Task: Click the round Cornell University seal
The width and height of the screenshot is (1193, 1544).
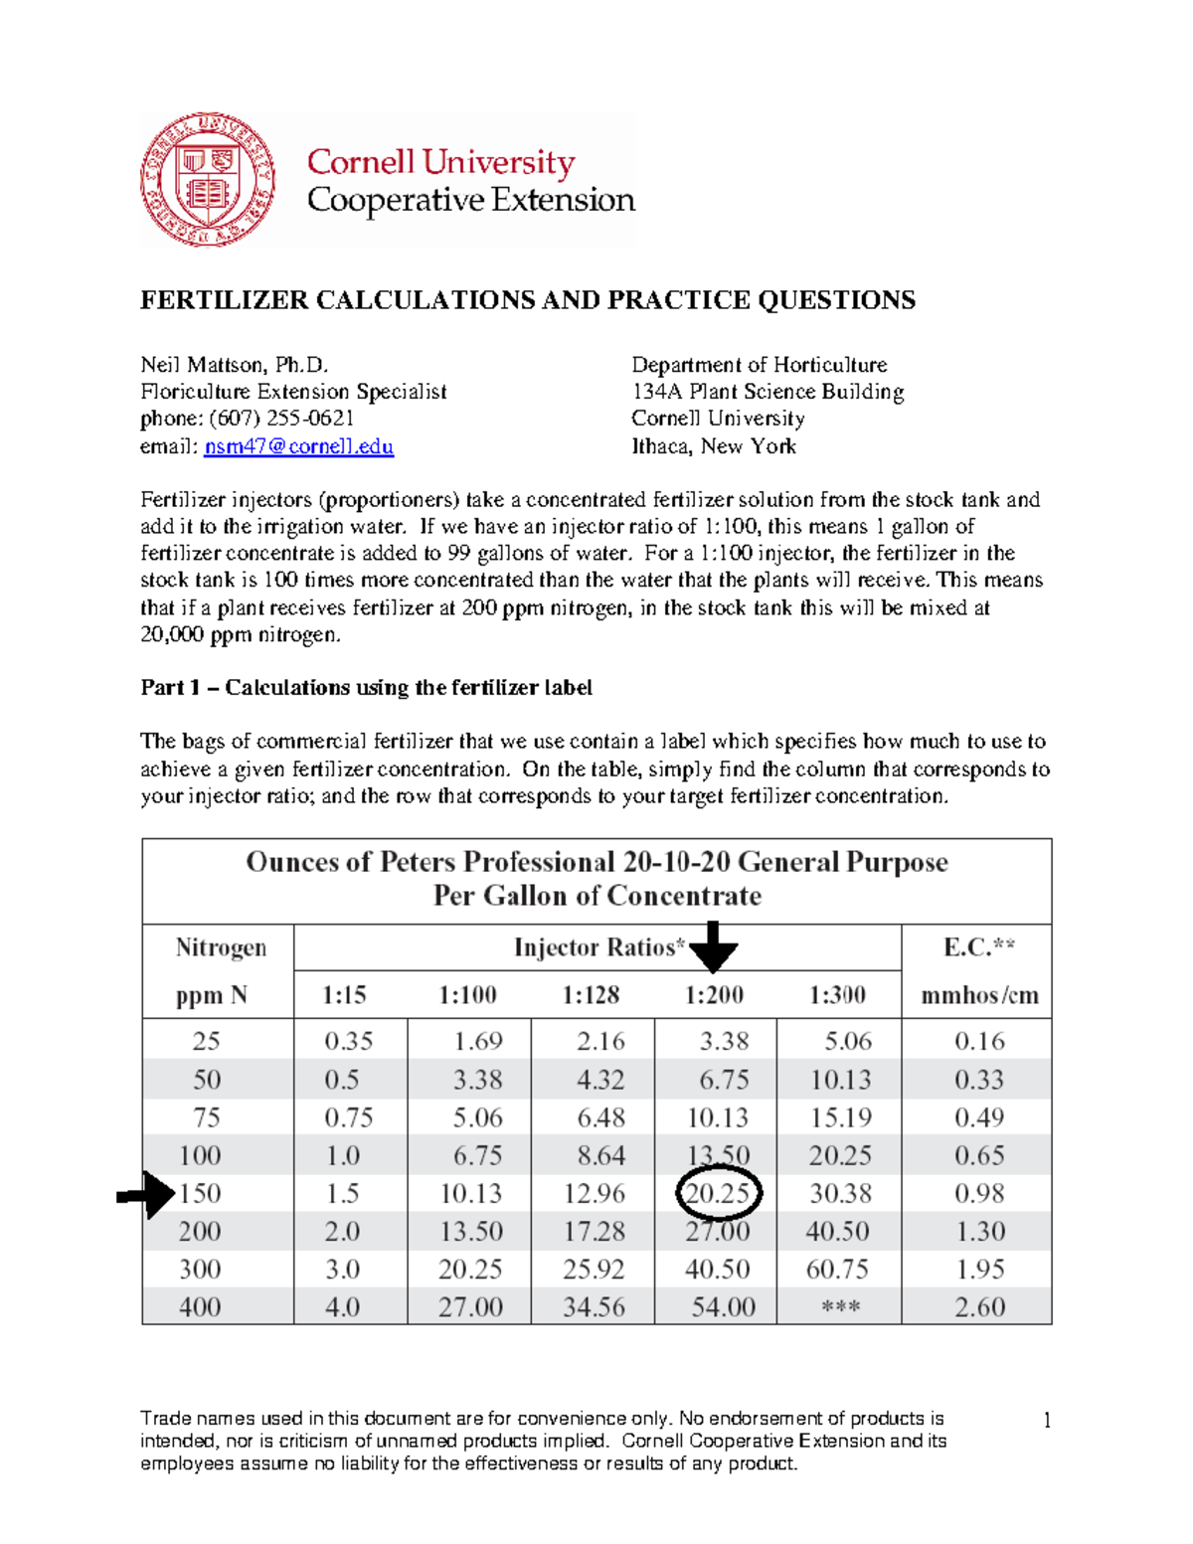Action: [x=208, y=180]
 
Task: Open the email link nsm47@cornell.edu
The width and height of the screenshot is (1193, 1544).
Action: [x=298, y=446]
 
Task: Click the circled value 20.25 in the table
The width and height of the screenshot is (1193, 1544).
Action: [x=718, y=1193]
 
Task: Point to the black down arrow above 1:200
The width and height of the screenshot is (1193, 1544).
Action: [x=714, y=947]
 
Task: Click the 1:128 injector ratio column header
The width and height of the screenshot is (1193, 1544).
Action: [x=591, y=995]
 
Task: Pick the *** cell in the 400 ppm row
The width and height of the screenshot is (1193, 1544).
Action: [x=840, y=1307]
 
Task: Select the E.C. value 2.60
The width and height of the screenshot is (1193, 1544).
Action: [x=979, y=1307]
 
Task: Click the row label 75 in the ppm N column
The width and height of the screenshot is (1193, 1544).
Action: [x=207, y=1117]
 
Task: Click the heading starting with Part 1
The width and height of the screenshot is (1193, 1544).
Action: [x=366, y=688]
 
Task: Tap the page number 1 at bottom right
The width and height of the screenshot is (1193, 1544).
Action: [x=1047, y=1420]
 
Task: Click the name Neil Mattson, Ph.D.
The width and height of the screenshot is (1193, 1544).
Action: [x=235, y=365]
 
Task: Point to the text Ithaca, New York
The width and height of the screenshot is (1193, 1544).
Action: [x=714, y=446]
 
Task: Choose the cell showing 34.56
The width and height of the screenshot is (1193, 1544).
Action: [x=594, y=1307]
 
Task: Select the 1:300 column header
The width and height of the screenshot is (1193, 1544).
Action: [x=837, y=995]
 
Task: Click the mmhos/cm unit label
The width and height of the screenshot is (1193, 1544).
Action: [x=979, y=995]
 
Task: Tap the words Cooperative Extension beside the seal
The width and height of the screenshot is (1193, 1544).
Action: [x=470, y=200]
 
